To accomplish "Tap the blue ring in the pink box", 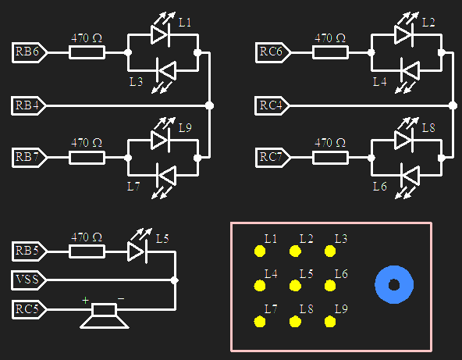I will click(x=394, y=285).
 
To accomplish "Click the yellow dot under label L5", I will click(x=295, y=286).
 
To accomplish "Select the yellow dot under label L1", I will click(x=259, y=251).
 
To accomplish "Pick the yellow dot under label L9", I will click(x=330, y=321).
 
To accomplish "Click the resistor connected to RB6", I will click(x=87, y=52).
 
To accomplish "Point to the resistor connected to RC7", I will click(x=330, y=157).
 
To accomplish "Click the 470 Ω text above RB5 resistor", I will click(x=87, y=237).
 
